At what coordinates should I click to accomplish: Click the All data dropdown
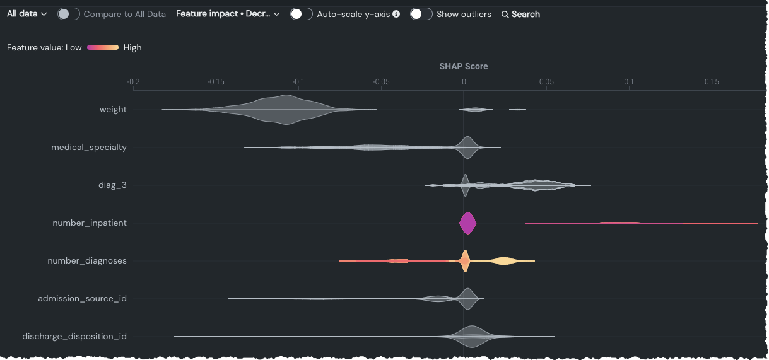click(26, 14)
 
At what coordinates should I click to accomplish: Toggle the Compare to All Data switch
click(68, 14)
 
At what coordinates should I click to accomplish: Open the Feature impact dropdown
click(227, 14)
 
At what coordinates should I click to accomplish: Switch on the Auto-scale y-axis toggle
click(302, 14)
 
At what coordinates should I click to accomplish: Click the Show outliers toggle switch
click(421, 14)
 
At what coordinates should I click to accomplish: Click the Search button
click(520, 14)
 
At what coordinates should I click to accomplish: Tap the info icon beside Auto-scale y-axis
click(396, 14)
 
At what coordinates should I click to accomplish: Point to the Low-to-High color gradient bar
click(103, 47)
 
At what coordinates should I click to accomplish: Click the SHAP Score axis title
click(464, 66)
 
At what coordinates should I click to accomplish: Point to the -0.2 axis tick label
click(133, 82)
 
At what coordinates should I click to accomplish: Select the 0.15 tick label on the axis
click(712, 82)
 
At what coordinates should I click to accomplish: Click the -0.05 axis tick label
click(381, 82)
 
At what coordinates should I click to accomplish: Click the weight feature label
click(113, 110)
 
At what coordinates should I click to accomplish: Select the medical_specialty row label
click(89, 148)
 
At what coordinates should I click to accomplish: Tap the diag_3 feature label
click(112, 185)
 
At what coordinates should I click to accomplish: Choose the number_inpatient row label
click(90, 223)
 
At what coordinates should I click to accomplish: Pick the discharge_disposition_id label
click(74, 337)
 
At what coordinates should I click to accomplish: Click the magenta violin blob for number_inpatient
click(467, 223)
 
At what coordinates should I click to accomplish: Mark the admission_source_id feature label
click(82, 299)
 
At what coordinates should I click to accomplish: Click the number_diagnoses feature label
click(87, 261)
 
